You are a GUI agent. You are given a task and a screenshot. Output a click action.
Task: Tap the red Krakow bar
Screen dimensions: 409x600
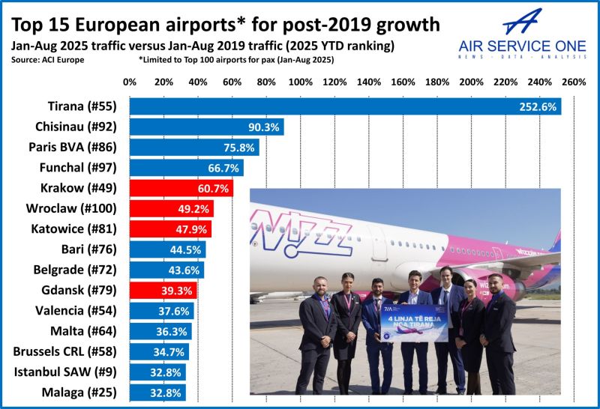[x=181, y=188]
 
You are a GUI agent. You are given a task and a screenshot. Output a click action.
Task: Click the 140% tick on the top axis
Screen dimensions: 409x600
[x=369, y=81]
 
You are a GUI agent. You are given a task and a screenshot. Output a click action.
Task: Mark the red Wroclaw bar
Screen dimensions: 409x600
[x=171, y=208]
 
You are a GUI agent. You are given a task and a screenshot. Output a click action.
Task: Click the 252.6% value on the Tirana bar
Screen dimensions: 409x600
[x=537, y=107]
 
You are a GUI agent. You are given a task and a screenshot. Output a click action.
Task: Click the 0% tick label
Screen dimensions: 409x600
[x=130, y=81]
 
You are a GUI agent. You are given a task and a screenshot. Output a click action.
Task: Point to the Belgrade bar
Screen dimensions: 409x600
[x=166, y=269]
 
